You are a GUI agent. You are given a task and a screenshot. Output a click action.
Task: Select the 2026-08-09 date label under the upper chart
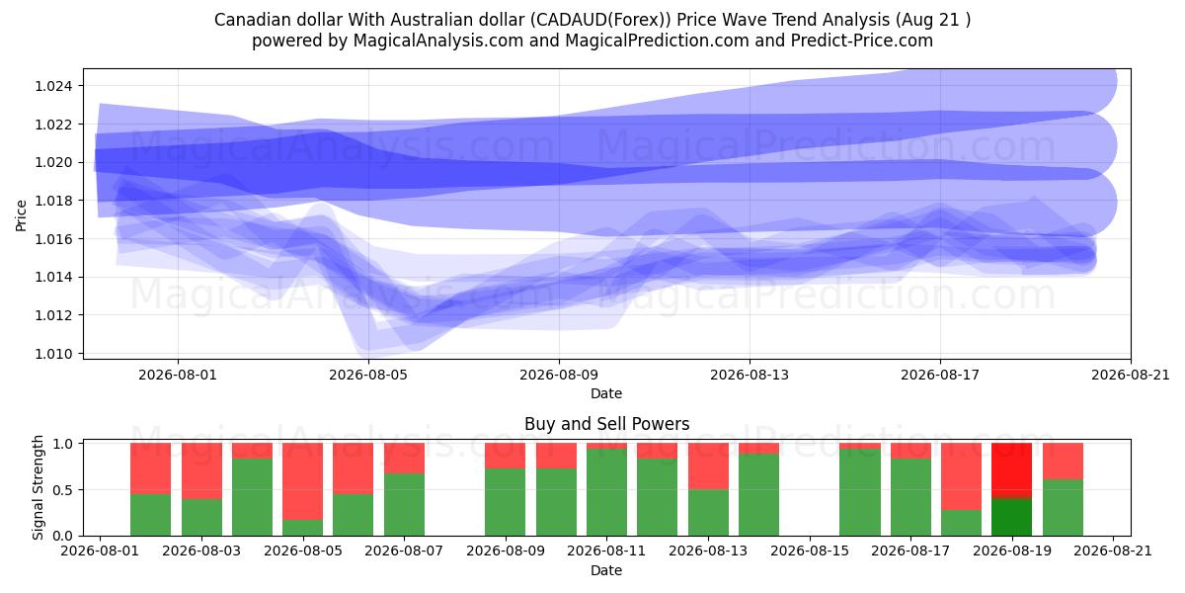pyautogui.click(x=559, y=375)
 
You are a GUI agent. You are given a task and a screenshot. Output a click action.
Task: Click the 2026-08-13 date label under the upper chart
pyautogui.click(x=750, y=375)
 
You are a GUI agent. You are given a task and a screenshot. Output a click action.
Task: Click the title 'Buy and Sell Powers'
pyautogui.click(x=606, y=424)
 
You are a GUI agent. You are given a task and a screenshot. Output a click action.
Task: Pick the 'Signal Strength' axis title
pyautogui.click(x=38, y=487)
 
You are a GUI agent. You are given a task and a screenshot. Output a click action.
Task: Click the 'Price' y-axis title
pyautogui.click(x=21, y=215)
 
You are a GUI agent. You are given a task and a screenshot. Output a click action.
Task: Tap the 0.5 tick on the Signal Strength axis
pyautogui.click(x=63, y=490)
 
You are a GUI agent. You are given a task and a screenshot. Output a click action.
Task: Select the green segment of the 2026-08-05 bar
pyautogui.click(x=302, y=528)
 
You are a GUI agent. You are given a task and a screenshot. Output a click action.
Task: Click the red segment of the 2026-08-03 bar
pyautogui.click(x=201, y=470)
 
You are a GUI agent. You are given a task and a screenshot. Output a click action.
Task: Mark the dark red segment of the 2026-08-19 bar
pyautogui.click(x=1011, y=470)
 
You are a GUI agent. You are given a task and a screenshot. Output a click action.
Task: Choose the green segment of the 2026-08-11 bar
pyautogui.click(x=606, y=492)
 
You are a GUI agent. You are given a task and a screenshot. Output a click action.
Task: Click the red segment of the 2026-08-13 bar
pyautogui.click(x=708, y=466)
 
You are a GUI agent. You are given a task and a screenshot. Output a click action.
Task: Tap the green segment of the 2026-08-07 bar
pyautogui.click(x=404, y=505)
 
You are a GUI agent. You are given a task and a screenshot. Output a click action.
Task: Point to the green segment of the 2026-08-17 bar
pyautogui.click(x=910, y=497)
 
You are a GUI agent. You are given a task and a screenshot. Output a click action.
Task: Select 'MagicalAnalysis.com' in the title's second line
pyautogui.click(x=438, y=41)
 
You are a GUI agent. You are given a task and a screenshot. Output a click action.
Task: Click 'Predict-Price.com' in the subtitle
pyautogui.click(x=862, y=41)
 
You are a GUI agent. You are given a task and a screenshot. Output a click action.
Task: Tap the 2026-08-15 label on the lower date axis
pyautogui.click(x=810, y=551)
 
